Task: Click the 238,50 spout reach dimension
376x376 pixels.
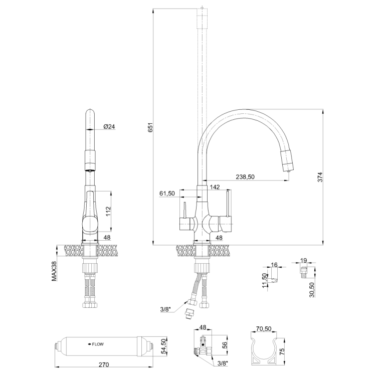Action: tap(245, 176)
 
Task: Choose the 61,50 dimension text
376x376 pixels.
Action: tap(167, 194)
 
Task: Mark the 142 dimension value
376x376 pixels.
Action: tap(215, 187)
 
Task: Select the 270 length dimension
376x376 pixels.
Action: tap(104, 365)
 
